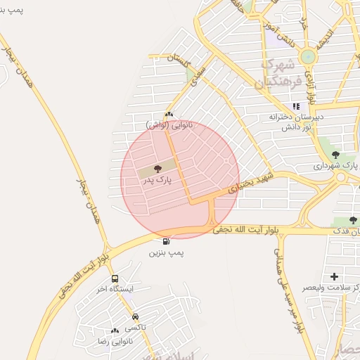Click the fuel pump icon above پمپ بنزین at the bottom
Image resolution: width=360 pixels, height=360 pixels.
pos(165,242)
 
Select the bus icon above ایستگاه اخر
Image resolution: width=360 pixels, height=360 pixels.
pos(115,278)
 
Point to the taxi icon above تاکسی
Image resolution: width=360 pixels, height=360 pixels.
pos(135,317)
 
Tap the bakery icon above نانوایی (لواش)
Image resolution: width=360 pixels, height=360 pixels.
pos(168,115)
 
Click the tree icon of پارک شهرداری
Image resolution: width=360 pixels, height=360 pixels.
pos(335,155)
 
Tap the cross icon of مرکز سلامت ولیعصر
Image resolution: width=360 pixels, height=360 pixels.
pos(334,276)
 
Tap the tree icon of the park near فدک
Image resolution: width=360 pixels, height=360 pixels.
pos(353,219)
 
